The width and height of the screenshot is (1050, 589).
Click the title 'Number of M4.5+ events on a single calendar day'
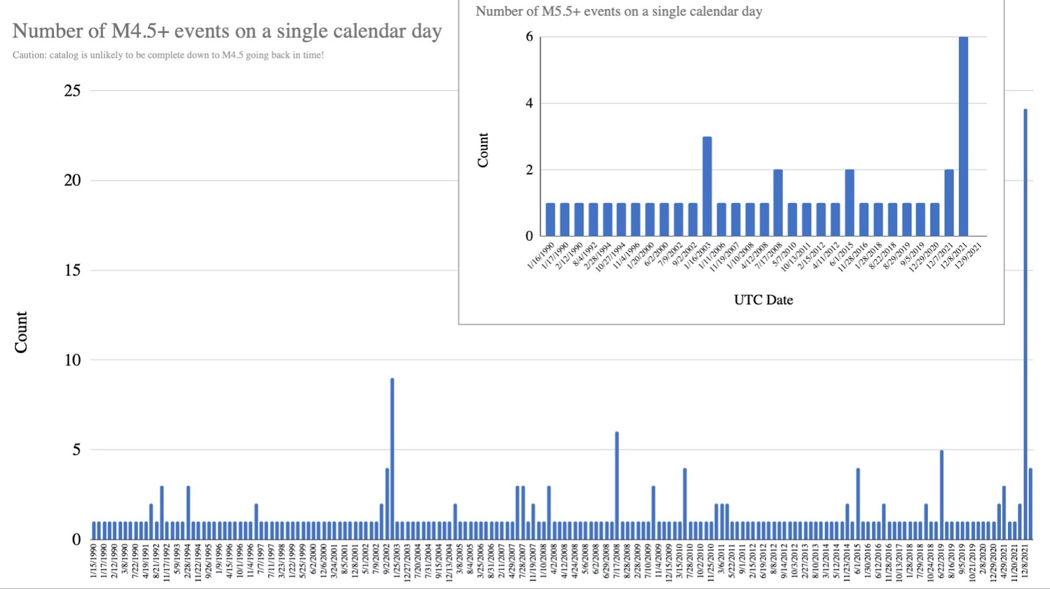(226, 31)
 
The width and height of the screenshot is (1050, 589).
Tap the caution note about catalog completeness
(168, 55)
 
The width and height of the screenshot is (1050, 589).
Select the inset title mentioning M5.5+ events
(618, 11)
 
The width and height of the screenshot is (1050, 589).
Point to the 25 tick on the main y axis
(72, 91)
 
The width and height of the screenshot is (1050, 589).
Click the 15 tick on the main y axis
(72, 270)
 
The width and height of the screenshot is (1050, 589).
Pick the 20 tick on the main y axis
(72, 180)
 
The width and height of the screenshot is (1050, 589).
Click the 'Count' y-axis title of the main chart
(21, 332)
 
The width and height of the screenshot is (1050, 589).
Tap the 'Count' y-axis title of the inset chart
(483, 150)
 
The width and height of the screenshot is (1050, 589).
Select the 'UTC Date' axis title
(763, 300)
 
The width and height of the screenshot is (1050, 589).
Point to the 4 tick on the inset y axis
(529, 104)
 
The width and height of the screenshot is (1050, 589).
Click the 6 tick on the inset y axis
(529, 37)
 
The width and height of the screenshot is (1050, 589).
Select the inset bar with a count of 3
(707, 186)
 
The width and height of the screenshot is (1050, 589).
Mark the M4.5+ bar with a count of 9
(392, 458)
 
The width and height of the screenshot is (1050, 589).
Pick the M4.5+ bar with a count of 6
(617, 485)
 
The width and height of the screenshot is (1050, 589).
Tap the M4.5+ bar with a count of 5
(942, 495)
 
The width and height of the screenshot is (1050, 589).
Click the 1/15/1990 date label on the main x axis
(94, 561)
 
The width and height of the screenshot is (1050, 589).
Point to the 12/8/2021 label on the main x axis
(1025, 561)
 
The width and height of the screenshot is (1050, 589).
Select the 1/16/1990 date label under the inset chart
(541, 256)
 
